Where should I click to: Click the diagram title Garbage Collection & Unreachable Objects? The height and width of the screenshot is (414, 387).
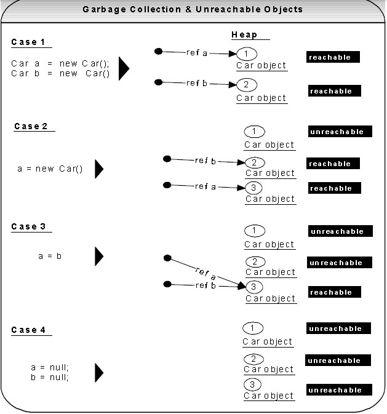click(193, 9)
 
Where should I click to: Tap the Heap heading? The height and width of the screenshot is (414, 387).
click(244, 34)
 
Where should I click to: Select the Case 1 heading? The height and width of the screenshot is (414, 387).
click(28, 42)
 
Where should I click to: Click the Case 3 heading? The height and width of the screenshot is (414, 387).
click(28, 226)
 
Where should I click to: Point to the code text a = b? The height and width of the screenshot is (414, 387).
click(50, 256)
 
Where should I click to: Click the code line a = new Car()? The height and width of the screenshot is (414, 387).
click(50, 169)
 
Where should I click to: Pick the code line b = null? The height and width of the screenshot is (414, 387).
click(50, 377)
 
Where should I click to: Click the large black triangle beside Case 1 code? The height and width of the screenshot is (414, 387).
click(124, 68)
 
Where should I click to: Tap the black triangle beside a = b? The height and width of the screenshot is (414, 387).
click(99, 257)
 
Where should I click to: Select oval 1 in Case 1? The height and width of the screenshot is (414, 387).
click(247, 54)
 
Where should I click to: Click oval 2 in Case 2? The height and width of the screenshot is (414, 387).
click(255, 162)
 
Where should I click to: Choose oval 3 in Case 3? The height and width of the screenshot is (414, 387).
click(254, 287)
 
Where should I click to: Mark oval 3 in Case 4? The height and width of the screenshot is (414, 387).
click(252, 384)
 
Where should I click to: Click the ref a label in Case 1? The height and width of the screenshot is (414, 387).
click(197, 52)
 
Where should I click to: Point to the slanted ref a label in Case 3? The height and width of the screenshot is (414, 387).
click(205, 274)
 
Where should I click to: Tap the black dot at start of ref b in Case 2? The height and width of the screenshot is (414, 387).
click(167, 159)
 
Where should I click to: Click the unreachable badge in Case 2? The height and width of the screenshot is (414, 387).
click(340, 132)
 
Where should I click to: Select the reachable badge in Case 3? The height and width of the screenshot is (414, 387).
click(335, 292)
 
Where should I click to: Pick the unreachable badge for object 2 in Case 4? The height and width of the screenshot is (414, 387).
click(338, 360)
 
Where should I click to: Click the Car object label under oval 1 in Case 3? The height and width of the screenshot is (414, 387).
click(269, 244)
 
